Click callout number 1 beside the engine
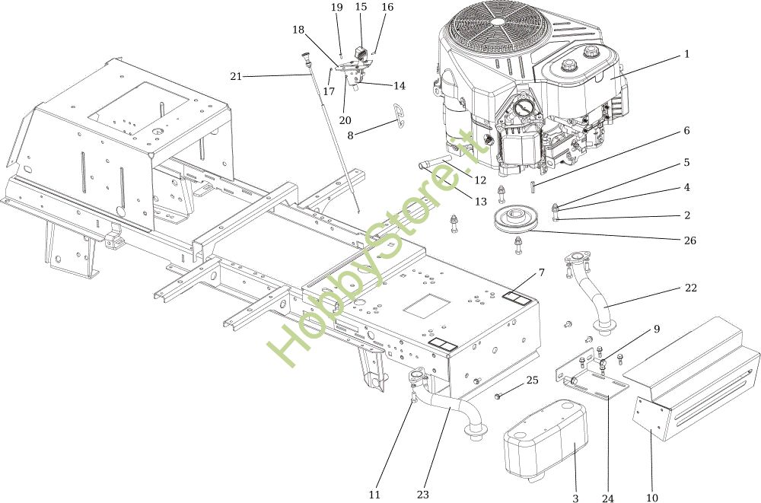pos(686,54)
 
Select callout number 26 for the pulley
pos(690,240)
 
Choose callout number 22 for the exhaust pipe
pos(690,288)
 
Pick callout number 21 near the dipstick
pos(236,75)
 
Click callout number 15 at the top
pos(361,7)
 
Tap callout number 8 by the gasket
pos(350,135)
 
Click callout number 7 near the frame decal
pos(541,272)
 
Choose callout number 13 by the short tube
pos(480,201)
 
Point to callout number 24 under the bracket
pos(607,498)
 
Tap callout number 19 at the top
pos(337,7)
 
